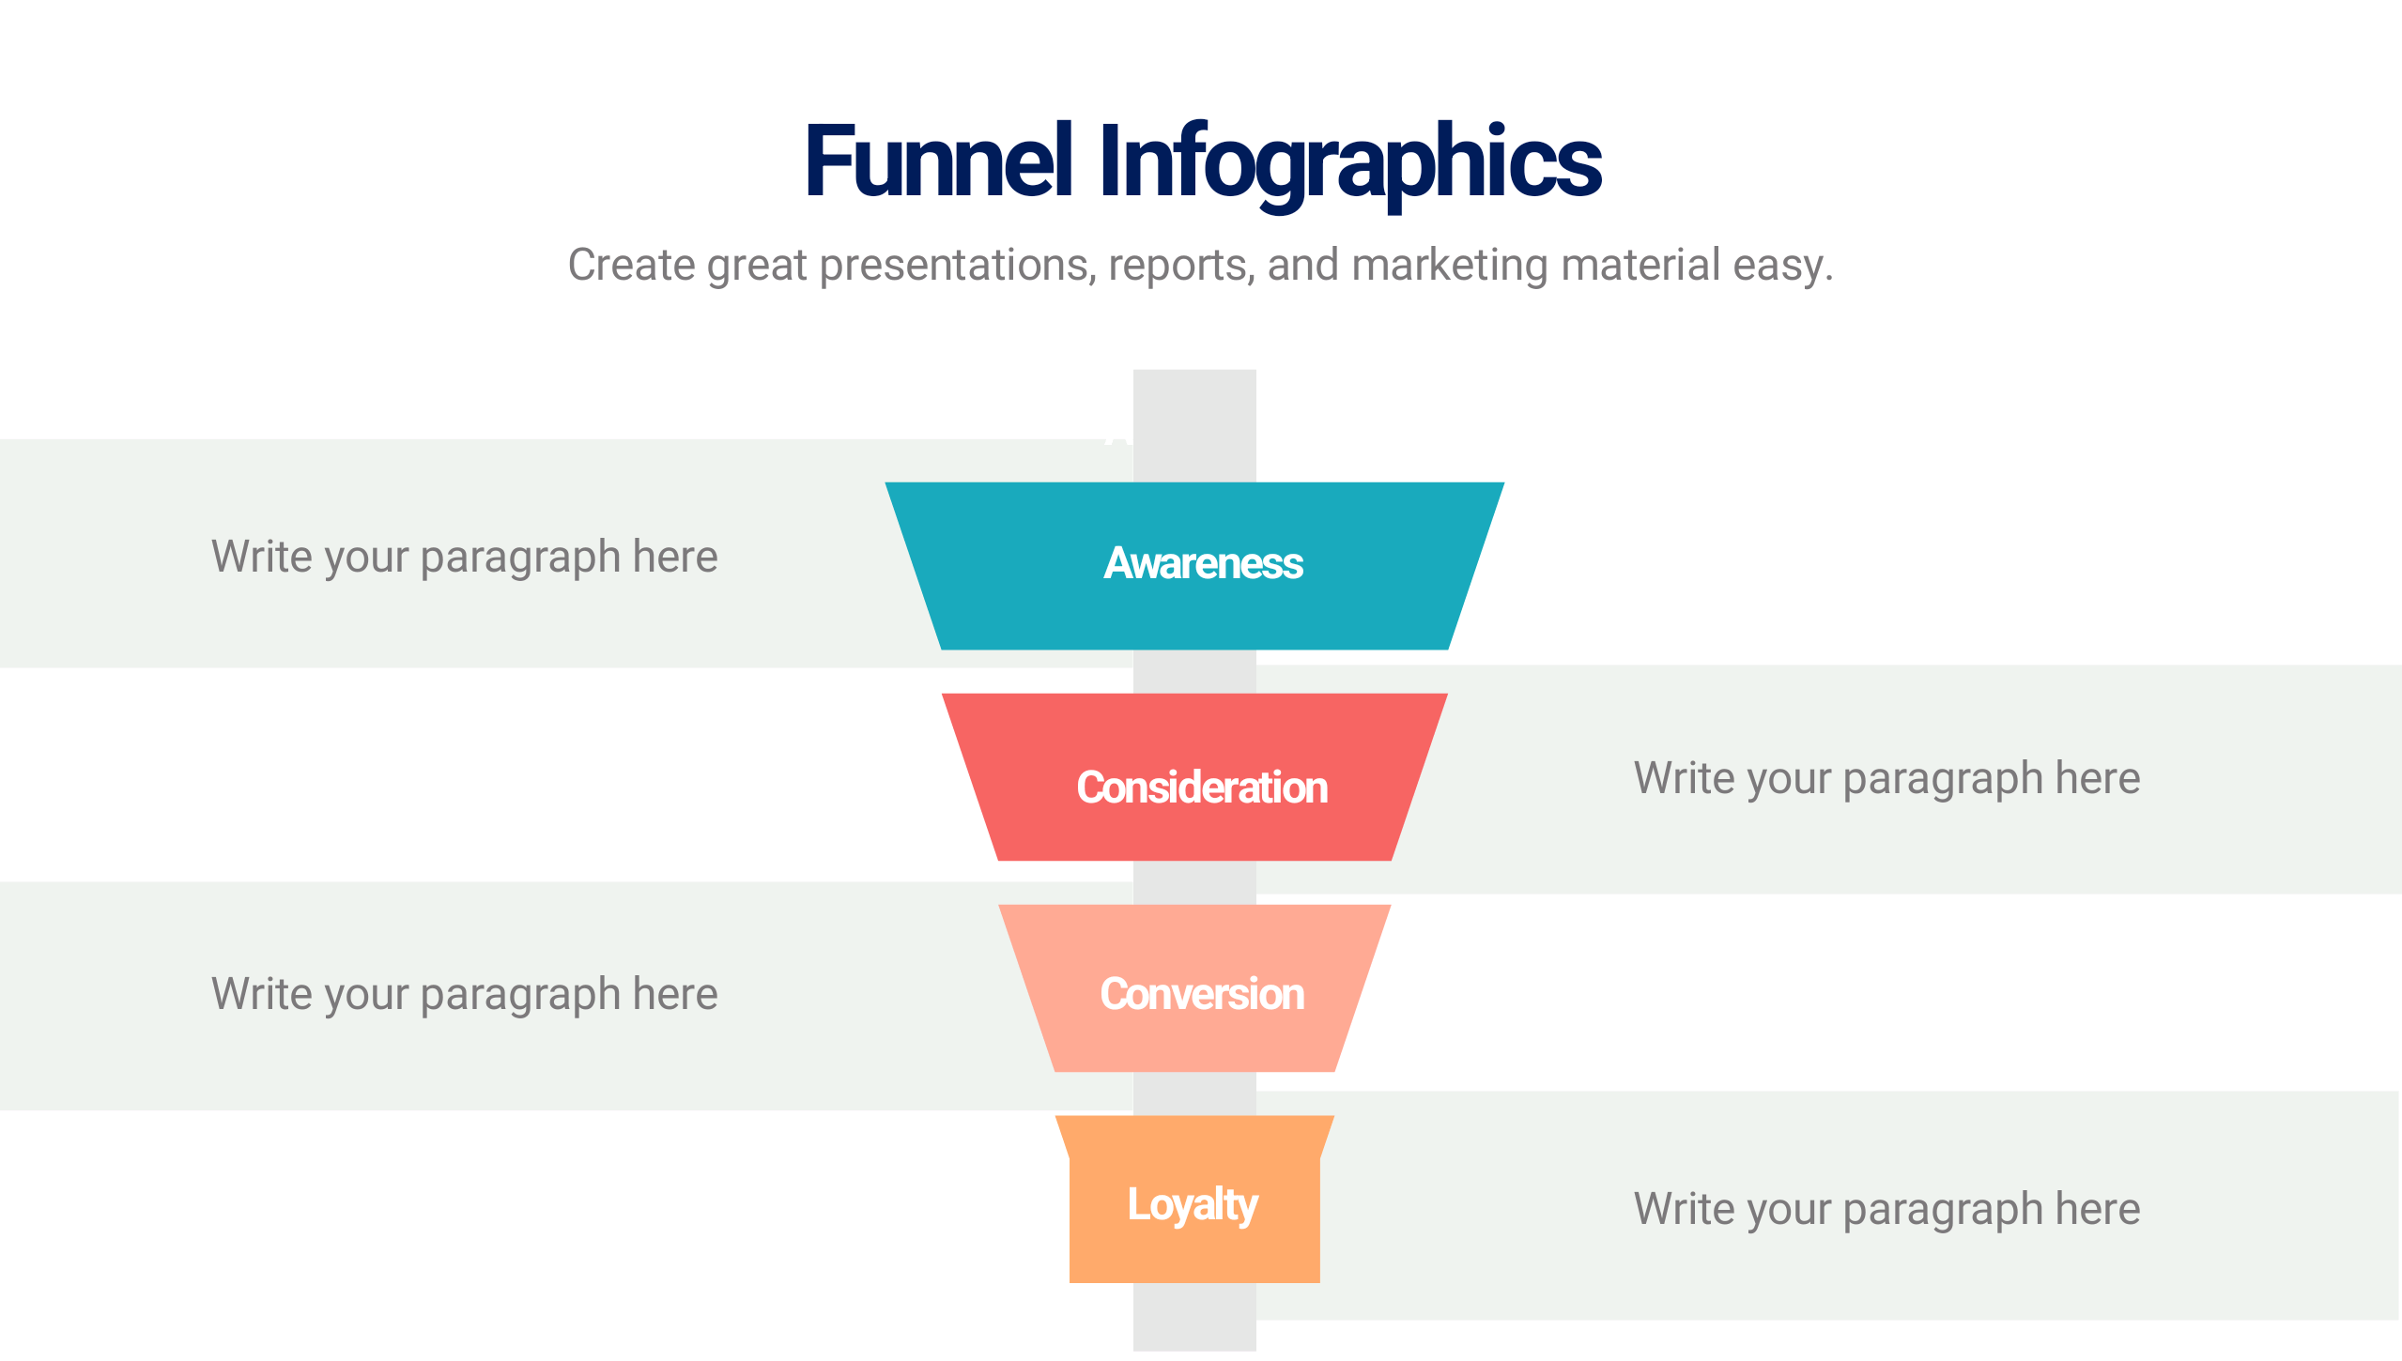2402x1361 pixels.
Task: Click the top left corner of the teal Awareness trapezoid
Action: [x=886, y=483]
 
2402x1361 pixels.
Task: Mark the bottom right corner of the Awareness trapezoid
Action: [x=1448, y=649]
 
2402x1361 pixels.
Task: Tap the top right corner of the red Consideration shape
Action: [x=1447, y=695]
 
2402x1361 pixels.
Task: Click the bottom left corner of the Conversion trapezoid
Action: [x=1055, y=1071]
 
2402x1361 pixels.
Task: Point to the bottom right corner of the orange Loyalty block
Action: [x=1319, y=1282]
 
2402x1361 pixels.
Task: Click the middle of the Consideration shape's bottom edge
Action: [x=1194, y=860]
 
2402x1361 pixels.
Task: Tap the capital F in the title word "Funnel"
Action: [x=829, y=161]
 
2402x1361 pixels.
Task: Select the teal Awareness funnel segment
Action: [x=1194, y=566]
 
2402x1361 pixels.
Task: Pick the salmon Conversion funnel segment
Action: [x=1194, y=988]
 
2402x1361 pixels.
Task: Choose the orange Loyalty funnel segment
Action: [x=1194, y=1200]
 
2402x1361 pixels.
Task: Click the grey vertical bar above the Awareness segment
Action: [x=1194, y=425]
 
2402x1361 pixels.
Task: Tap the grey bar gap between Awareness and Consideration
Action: [x=1194, y=672]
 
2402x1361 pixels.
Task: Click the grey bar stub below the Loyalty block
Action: [x=1194, y=1317]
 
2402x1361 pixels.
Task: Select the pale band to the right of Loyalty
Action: [x=1859, y=1206]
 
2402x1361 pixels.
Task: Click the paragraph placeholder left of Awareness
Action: [x=465, y=558]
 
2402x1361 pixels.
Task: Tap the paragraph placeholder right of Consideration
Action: [x=1887, y=779]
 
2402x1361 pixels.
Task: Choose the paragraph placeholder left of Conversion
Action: [x=465, y=995]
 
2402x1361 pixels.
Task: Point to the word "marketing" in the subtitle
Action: [x=1451, y=266]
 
